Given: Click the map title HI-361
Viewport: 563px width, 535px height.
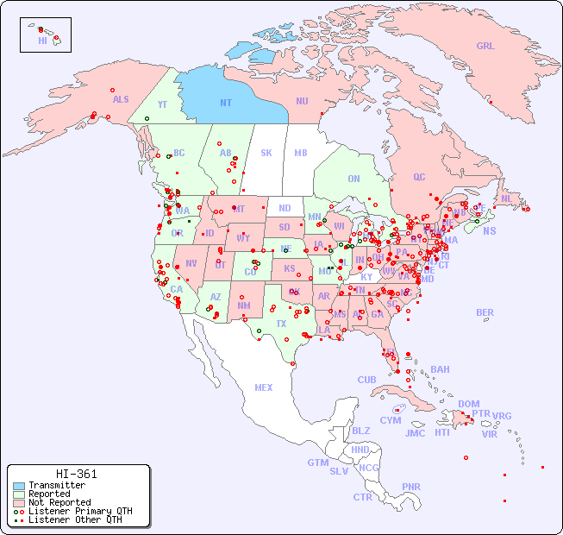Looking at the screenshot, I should (x=76, y=474).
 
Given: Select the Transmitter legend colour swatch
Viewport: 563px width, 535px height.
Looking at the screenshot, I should (x=20, y=486).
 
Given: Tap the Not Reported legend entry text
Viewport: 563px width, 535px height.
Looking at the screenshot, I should (x=59, y=502).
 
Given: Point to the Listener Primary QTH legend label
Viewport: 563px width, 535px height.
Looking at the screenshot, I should (x=80, y=511).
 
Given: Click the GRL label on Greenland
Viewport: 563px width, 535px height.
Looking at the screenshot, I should (x=485, y=46).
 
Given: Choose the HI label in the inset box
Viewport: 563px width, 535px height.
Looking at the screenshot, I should (x=42, y=41).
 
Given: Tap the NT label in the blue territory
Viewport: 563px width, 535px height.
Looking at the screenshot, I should (x=226, y=103).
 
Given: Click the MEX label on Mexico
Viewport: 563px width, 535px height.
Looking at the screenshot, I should (x=264, y=387).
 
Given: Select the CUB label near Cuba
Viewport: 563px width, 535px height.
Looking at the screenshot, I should (x=367, y=380).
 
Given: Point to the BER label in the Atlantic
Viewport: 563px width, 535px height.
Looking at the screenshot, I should (x=485, y=312).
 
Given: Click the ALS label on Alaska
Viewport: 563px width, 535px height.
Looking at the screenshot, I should (x=121, y=99).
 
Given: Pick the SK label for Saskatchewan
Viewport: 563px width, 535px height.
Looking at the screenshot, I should (x=266, y=153).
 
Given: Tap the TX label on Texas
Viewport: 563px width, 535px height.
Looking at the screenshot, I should (x=281, y=324).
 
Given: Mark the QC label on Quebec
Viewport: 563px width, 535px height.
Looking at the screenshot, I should (x=419, y=177).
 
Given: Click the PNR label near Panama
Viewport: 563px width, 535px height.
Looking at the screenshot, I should (x=411, y=487).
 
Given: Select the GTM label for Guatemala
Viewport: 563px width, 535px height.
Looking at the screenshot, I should (x=318, y=463).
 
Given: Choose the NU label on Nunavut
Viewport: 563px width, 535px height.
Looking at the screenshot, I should (x=302, y=101).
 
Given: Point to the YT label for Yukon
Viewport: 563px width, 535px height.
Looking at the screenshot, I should (x=162, y=104).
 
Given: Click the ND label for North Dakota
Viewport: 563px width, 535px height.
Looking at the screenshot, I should (x=285, y=208).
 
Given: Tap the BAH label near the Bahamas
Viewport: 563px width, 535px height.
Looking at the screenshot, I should (x=440, y=369).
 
